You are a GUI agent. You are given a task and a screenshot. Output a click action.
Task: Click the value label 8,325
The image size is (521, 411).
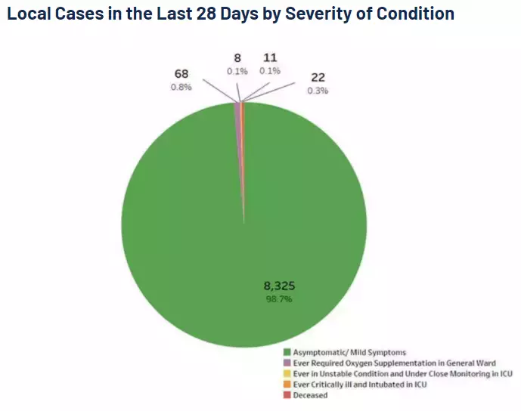279,286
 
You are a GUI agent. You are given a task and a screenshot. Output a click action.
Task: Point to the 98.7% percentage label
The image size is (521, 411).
278,299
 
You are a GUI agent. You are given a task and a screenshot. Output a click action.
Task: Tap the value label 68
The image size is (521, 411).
181,74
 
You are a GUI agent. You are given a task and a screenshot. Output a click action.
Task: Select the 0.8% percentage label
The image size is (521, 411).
181,87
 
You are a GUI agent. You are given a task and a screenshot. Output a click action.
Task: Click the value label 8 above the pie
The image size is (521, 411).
237,57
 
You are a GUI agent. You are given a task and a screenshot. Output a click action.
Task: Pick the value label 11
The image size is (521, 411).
270,57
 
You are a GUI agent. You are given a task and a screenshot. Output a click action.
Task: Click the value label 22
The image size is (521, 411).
317,77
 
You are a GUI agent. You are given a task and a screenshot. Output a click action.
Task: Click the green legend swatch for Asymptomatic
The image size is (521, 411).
287,352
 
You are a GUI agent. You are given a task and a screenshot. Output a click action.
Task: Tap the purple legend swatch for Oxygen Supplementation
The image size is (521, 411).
287,363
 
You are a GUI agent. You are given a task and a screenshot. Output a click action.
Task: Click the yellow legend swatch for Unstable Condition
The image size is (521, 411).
287,373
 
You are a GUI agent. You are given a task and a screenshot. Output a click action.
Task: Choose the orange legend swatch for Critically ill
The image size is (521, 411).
287,385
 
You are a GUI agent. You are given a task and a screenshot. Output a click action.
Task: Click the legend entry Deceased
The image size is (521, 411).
310,395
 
